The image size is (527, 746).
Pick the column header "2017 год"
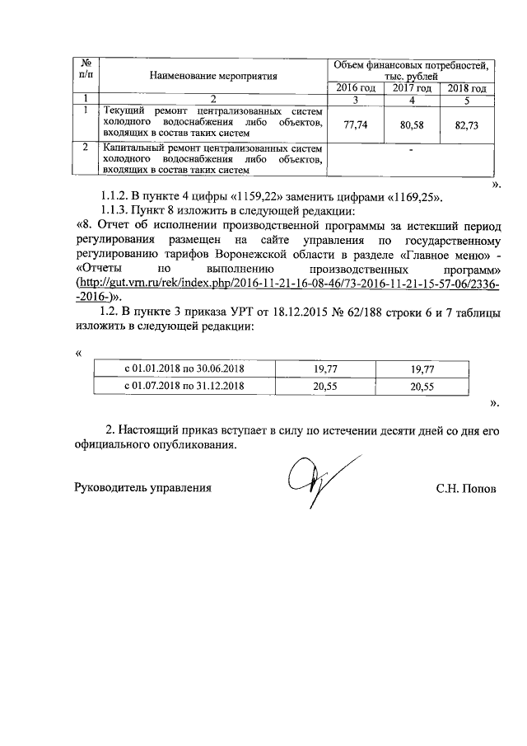(412, 88)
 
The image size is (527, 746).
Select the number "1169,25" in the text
(410, 197)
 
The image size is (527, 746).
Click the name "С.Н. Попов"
(466, 488)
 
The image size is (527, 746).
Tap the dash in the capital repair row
(410, 151)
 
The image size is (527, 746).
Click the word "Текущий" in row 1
(121, 110)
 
